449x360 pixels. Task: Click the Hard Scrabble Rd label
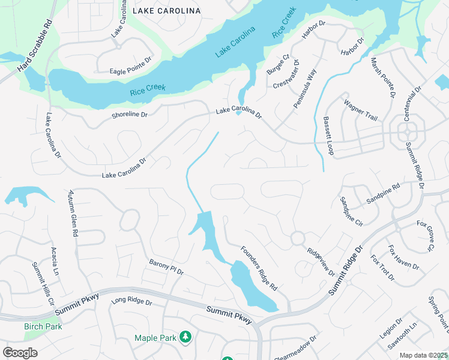coord(37,46)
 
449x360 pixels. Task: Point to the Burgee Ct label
coord(278,64)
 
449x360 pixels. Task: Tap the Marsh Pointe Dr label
coord(384,77)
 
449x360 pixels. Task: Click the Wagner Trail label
coord(360,111)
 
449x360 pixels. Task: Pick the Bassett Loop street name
coord(328,136)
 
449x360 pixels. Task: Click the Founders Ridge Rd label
coord(259,268)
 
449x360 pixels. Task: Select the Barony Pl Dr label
coord(166,267)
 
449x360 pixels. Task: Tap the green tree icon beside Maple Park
coord(186,337)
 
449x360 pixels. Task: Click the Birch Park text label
coord(43,327)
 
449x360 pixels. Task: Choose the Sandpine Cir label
coord(351,211)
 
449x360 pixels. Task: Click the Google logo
coord(20,353)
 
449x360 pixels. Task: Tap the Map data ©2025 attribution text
coord(423,355)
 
